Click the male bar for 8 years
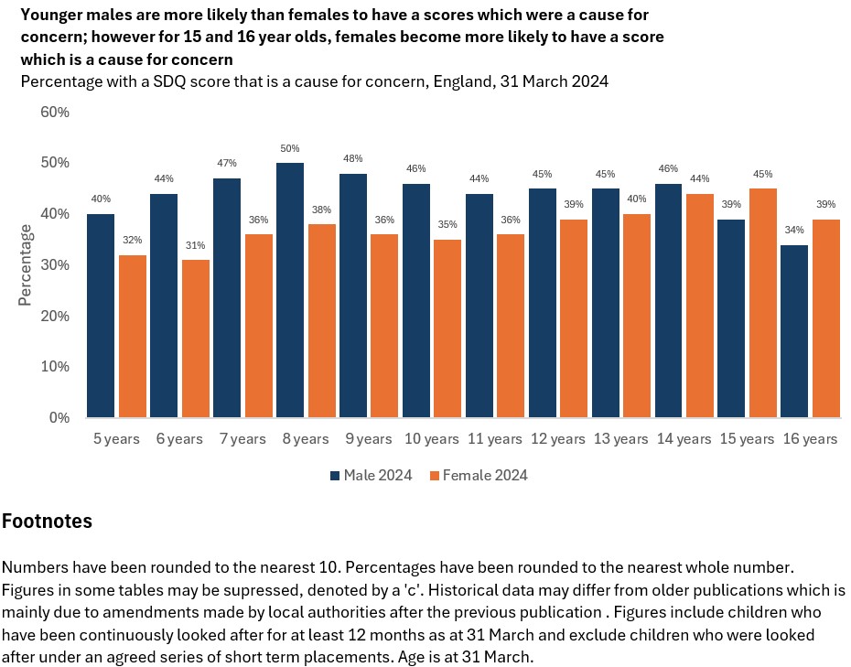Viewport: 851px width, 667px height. pyautogui.click(x=290, y=290)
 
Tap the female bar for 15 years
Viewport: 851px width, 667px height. pyautogui.click(x=763, y=303)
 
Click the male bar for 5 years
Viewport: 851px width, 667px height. pyautogui.click(x=101, y=316)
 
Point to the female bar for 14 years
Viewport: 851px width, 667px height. pyautogui.click(x=700, y=306)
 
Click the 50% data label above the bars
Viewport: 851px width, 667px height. pyautogui.click(x=290, y=148)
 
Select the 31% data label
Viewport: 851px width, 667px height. pyautogui.click(x=196, y=245)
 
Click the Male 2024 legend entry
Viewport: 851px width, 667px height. pyautogui.click(x=371, y=475)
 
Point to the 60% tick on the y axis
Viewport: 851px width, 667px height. pyautogui.click(x=54, y=112)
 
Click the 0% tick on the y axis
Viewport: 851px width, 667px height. pyautogui.click(x=59, y=417)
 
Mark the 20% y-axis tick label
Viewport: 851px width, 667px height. pyautogui.click(x=54, y=316)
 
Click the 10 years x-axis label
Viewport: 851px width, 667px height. pyautogui.click(x=431, y=439)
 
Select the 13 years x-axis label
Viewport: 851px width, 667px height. pyautogui.click(x=620, y=439)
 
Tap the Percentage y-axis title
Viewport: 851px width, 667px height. pyautogui.click(x=27, y=265)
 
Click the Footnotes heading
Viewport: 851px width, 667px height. pyautogui.click(x=47, y=522)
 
